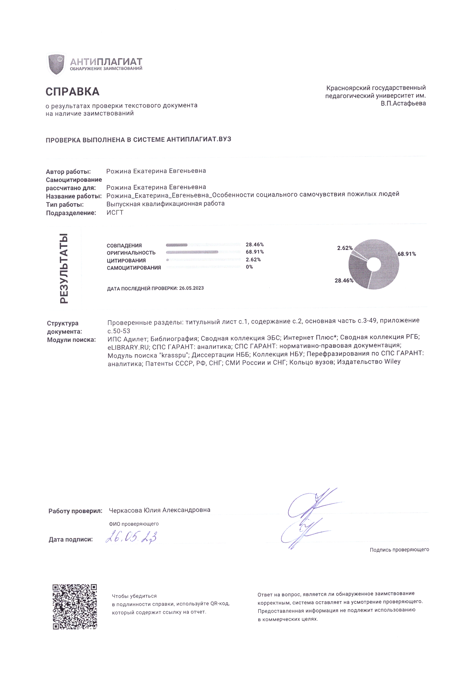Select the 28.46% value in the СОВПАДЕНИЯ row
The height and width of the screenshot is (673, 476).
(254, 244)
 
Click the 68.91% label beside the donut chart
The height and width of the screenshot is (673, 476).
(407, 254)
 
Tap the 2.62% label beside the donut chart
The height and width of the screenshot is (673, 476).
(345, 248)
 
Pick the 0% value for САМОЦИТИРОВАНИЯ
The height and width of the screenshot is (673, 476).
(249, 267)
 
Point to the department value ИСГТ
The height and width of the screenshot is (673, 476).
(115, 213)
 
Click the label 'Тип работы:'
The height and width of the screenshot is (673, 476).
(65, 205)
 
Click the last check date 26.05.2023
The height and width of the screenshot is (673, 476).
(191, 288)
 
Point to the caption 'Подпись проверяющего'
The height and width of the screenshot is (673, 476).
(399, 550)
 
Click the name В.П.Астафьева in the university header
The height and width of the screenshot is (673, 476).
(403, 103)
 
